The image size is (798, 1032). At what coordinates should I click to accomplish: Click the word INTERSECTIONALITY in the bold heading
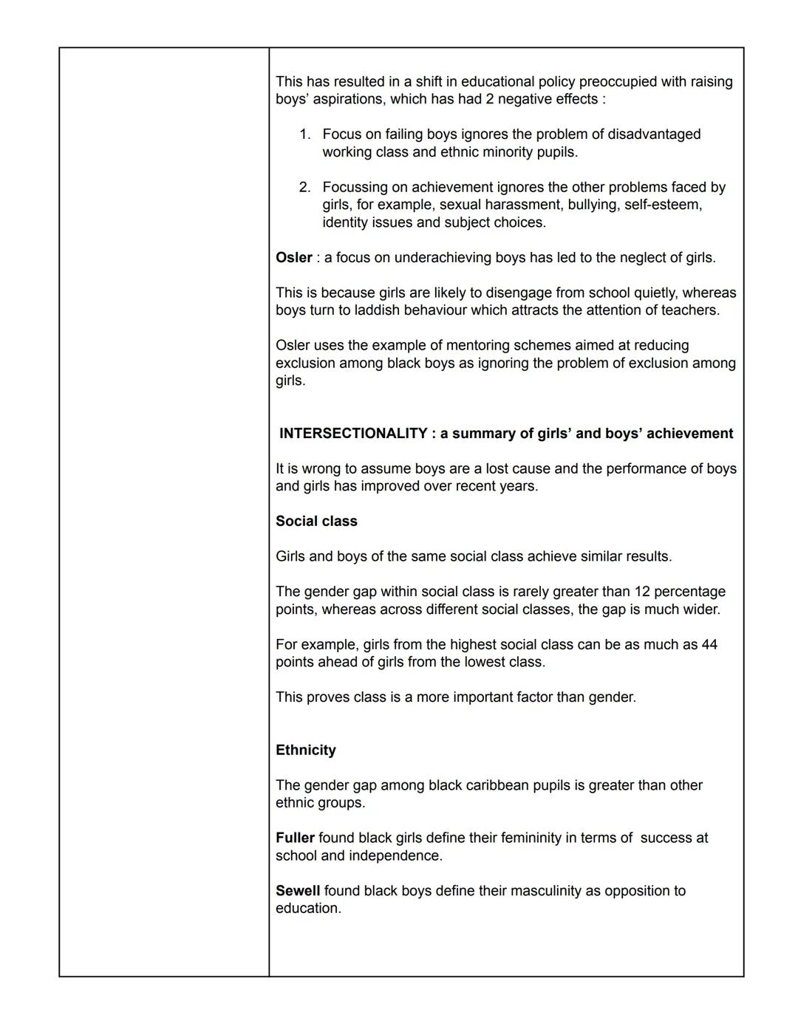tap(353, 434)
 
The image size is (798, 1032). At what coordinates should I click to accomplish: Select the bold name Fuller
tap(295, 838)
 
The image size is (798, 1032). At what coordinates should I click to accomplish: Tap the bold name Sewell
tap(298, 891)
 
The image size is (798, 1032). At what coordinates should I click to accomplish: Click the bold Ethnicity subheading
tap(306, 750)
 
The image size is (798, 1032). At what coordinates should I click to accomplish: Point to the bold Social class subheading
tap(316, 521)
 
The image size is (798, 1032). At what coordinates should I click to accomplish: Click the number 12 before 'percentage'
tap(641, 592)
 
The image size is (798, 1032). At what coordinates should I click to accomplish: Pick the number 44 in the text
tap(709, 644)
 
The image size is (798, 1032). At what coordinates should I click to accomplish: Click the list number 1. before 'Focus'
tap(305, 134)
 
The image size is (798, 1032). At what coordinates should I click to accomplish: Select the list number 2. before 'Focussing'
tap(305, 188)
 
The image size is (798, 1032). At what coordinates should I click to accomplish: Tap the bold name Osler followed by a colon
tap(294, 258)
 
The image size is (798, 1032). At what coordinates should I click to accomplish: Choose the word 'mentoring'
tap(426, 346)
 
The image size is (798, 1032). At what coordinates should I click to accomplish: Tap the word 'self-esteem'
tap(663, 205)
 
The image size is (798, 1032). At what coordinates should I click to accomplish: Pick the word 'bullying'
tap(593, 205)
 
